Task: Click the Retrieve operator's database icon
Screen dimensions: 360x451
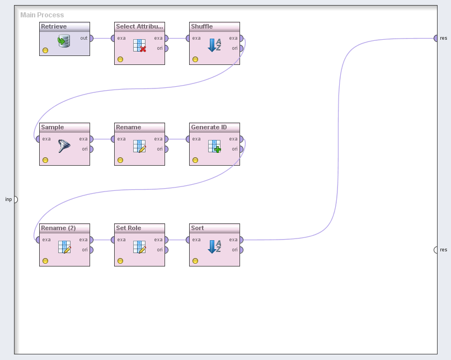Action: pos(64,41)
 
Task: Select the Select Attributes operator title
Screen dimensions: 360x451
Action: pos(139,26)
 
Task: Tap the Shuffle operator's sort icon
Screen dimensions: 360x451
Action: pos(214,45)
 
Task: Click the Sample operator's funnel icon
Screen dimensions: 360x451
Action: pos(64,146)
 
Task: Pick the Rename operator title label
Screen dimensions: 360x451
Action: pos(129,127)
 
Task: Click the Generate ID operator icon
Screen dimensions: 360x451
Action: pos(214,146)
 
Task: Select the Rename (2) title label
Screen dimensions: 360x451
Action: pos(58,228)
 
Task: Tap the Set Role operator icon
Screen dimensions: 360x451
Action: pos(139,247)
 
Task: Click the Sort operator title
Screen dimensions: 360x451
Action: pos(198,228)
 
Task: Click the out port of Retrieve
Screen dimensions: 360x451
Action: pos(91,39)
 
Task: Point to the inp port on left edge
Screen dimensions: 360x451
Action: pos(15,199)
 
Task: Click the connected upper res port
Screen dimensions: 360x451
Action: pos(436,38)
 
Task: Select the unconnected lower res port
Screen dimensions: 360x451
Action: pos(436,250)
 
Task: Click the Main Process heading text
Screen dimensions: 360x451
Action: pos(42,15)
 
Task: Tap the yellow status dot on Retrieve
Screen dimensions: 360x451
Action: pos(45,50)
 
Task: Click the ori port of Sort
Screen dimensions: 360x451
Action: pos(241,250)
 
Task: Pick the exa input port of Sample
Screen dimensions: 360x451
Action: pos(38,139)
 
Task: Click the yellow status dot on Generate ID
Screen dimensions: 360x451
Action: pos(195,160)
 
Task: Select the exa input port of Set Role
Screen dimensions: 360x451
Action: pos(113,240)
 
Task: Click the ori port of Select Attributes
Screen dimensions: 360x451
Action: pos(166,48)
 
